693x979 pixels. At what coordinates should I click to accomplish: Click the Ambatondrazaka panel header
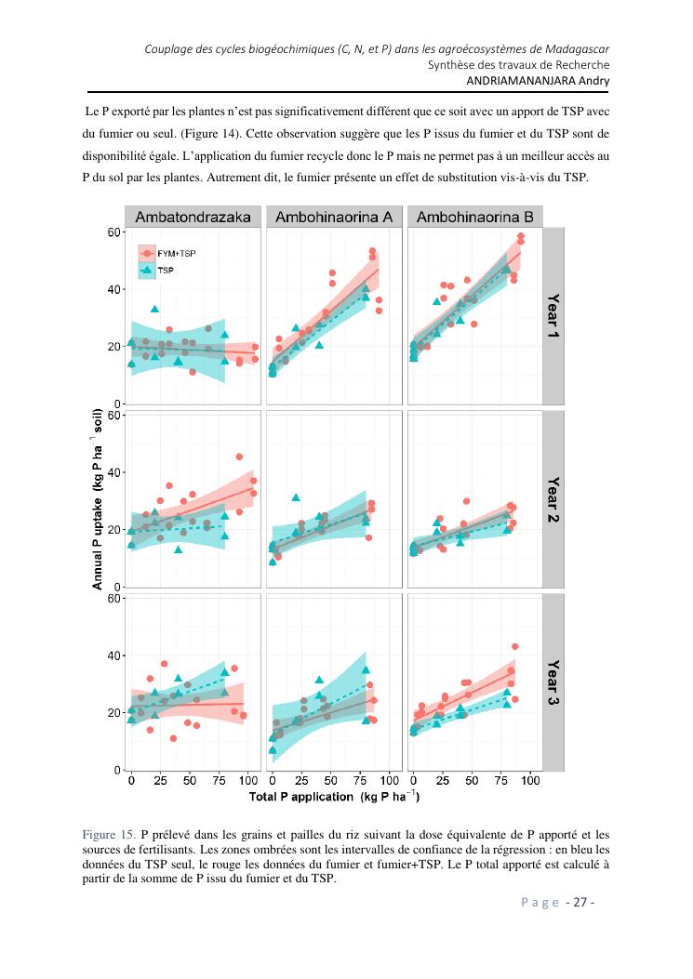coord(193,217)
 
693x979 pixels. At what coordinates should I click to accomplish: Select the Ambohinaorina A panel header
coord(334,217)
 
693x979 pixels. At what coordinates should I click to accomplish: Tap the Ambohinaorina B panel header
coord(474,217)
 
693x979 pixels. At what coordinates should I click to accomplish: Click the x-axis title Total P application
coord(333,797)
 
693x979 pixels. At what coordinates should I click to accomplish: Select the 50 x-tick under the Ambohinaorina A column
coord(330,780)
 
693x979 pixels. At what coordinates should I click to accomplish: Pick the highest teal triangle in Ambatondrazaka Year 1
coord(155,309)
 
